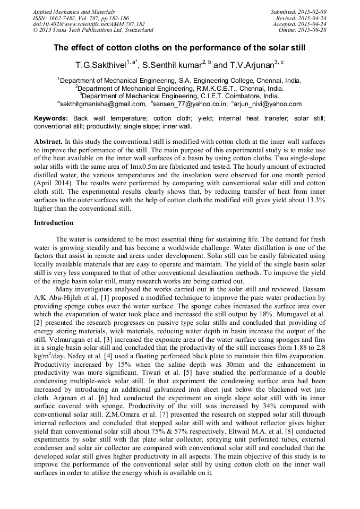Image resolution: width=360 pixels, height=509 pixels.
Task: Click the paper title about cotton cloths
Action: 179,48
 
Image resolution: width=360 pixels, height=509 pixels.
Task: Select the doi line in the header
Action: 89,24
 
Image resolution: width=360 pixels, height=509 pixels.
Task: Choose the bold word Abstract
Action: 48,143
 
